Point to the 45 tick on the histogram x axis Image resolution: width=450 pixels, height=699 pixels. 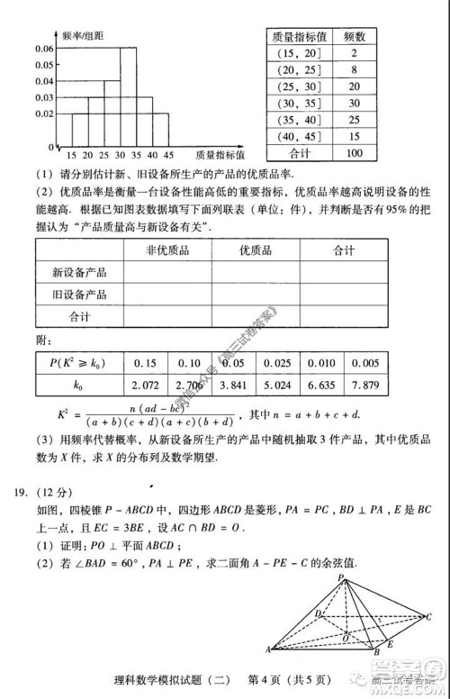168,154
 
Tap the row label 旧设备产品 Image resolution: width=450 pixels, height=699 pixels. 79,295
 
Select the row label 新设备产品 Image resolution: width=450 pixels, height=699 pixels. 79,273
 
